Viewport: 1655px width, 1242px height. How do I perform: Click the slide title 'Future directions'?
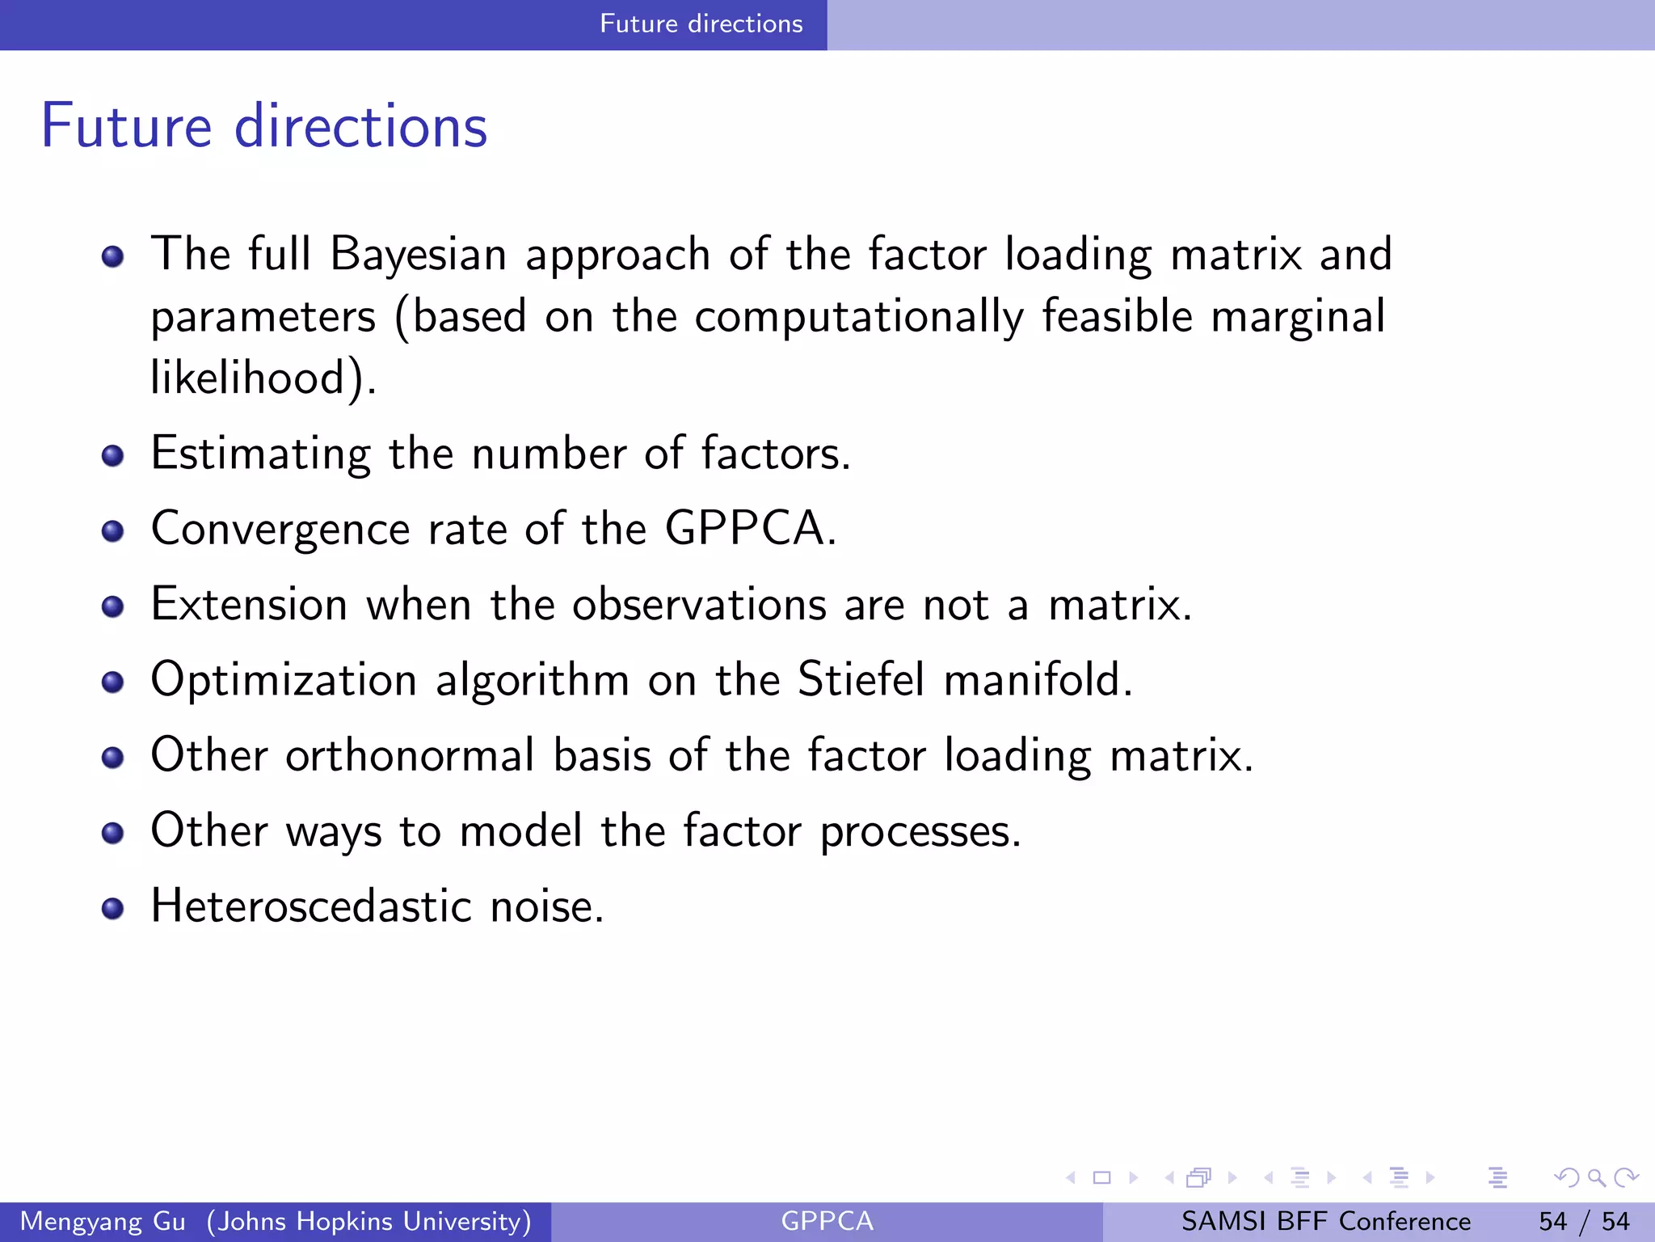click(264, 126)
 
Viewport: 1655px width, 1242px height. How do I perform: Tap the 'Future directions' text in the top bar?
click(701, 23)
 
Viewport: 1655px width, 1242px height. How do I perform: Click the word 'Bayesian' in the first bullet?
click(418, 254)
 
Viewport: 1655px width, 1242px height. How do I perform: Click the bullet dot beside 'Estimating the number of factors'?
click(112, 456)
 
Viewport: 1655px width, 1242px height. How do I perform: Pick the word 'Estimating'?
click(260, 454)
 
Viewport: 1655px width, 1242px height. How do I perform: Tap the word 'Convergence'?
click(280, 530)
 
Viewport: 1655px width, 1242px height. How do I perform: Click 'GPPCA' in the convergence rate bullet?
click(743, 529)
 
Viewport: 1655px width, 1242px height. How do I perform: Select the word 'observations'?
click(699, 605)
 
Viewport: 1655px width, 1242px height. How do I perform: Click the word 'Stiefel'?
click(861, 679)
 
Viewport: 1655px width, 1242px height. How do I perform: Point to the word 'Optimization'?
click(284, 680)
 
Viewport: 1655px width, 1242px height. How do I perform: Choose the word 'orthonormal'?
click(410, 755)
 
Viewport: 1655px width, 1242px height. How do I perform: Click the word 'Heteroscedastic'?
click(311, 906)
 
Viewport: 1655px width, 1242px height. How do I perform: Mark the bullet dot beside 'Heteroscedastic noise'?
click(112, 909)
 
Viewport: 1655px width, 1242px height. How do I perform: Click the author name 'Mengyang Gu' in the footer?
click(103, 1221)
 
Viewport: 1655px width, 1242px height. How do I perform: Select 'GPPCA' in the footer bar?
click(827, 1221)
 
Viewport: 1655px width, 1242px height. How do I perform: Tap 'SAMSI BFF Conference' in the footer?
click(1325, 1221)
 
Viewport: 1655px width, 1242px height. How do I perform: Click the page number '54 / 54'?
click(1584, 1221)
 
